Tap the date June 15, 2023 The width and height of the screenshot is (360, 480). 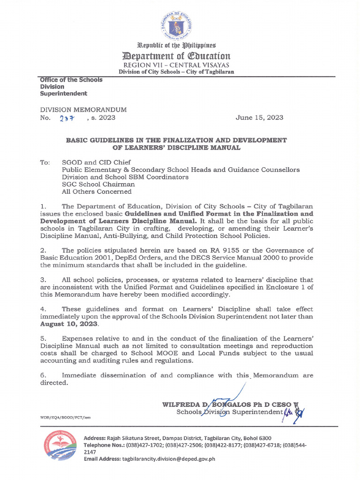tap(259, 118)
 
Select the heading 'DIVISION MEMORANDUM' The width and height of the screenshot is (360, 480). tap(83, 109)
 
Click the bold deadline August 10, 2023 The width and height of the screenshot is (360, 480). tap(69, 324)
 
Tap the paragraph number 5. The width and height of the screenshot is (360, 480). tap(43, 339)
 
